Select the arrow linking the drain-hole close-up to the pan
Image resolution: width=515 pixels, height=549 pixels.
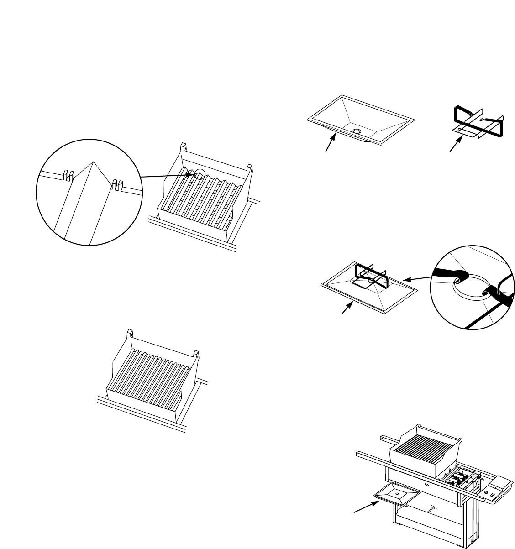pos(418,279)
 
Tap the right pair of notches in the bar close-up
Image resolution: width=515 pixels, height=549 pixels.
pos(117,184)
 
